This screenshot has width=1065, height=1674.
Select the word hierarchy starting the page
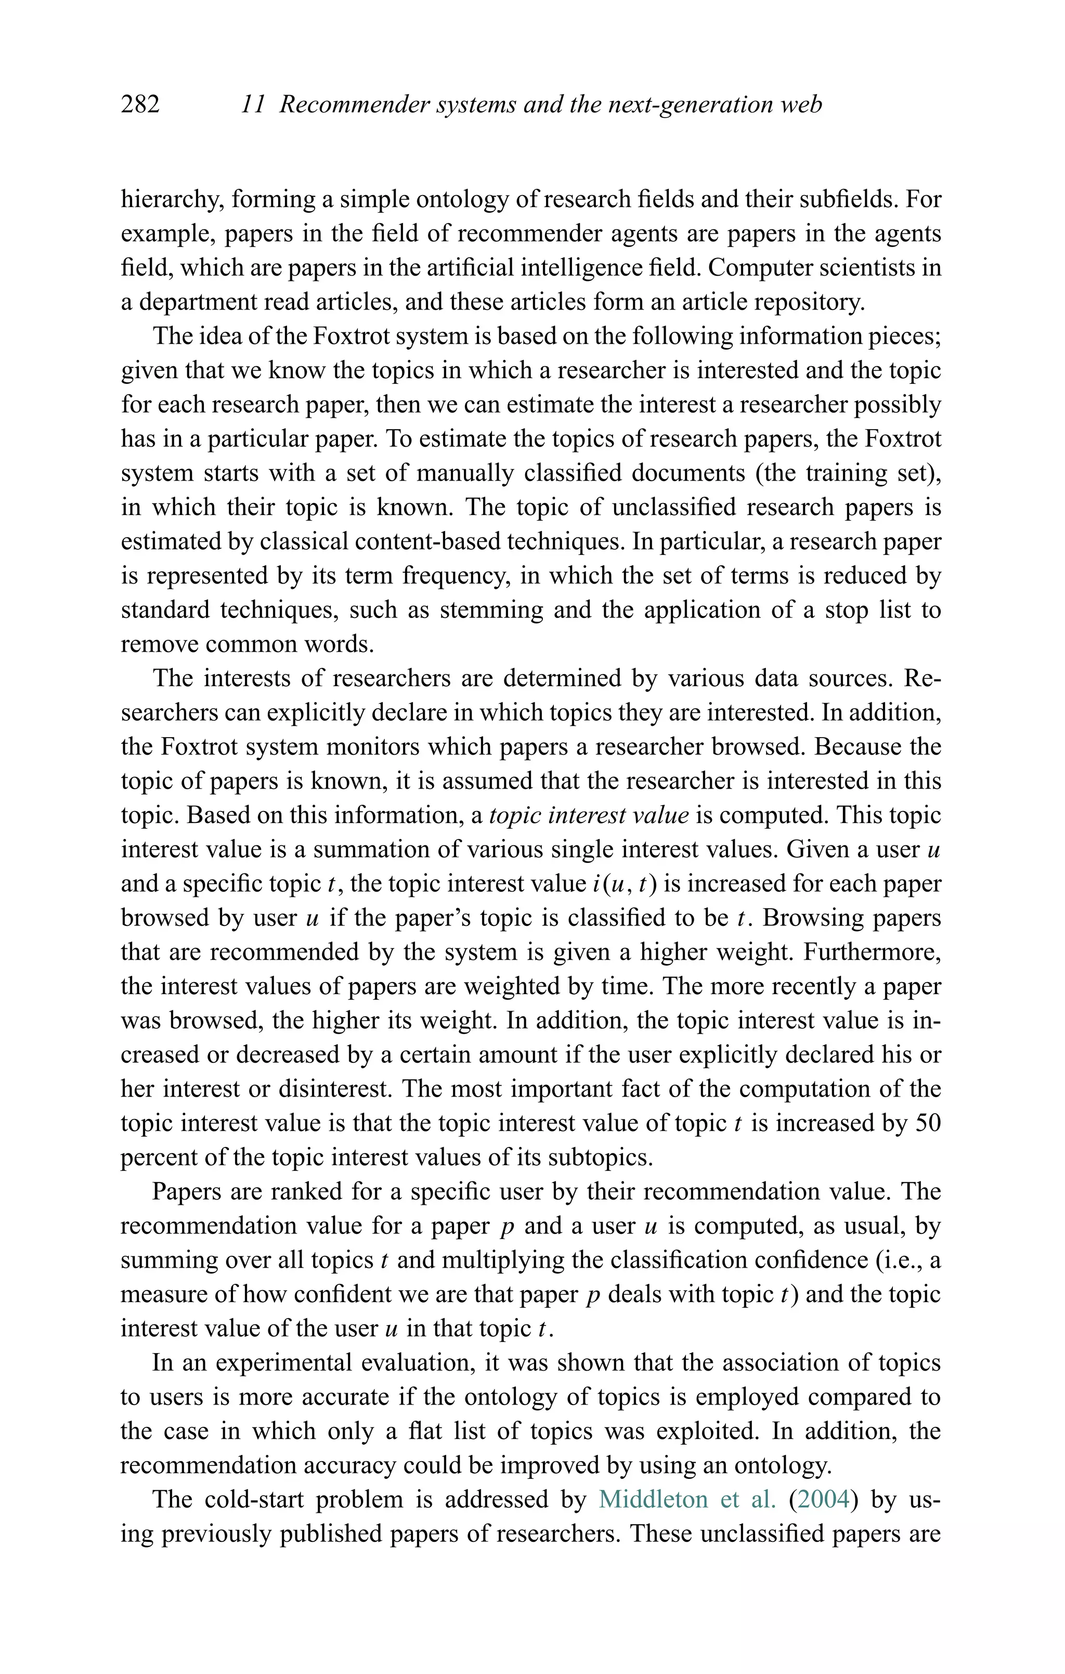[172, 200]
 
